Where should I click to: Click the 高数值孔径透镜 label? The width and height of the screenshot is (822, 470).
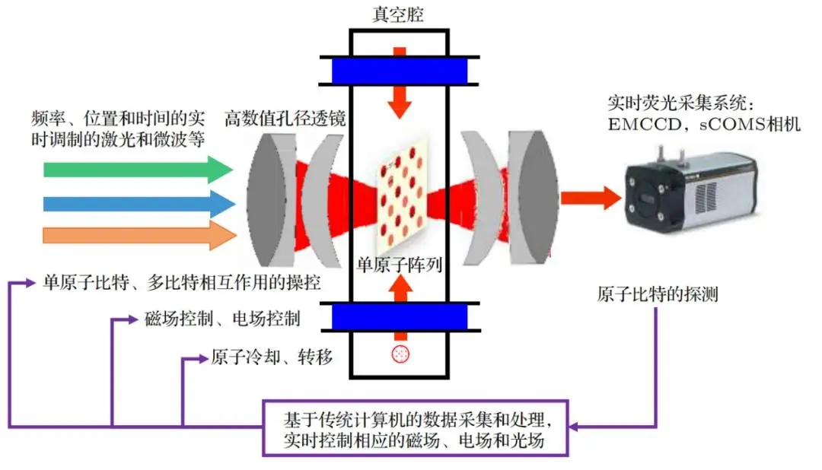point(285,119)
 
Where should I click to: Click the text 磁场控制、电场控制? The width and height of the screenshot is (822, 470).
point(221,319)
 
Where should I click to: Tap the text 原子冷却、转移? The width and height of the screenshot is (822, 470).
point(271,356)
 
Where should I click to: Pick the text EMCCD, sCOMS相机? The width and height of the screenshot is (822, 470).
point(704,124)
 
